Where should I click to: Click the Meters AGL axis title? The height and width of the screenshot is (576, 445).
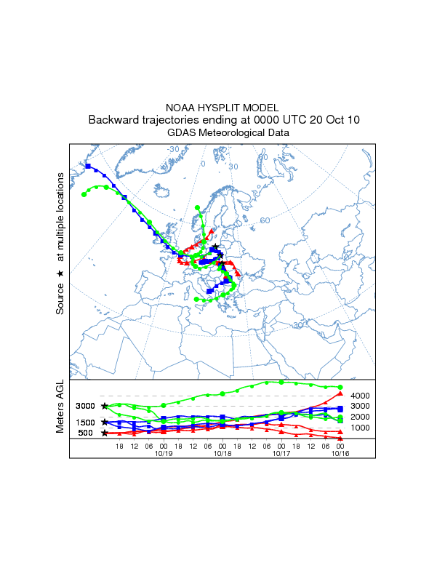pos(61,408)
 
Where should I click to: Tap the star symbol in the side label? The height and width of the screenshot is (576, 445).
pos(61,273)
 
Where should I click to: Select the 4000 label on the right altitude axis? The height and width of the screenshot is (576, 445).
pos(361,395)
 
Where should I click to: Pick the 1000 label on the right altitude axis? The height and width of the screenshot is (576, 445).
pos(361,428)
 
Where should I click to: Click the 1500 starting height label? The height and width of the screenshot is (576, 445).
pos(86,423)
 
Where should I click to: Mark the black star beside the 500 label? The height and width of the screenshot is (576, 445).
pos(105,433)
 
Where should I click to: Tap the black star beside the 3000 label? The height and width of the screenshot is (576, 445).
pos(105,406)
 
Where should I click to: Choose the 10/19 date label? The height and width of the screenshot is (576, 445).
pos(163,453)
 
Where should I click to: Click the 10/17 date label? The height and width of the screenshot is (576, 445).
pos(281,453)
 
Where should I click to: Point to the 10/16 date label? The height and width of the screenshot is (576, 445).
pos(340,453)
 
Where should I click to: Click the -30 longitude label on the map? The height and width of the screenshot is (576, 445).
pos(173,149)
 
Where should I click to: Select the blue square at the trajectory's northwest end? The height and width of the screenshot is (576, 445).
pos(88,167)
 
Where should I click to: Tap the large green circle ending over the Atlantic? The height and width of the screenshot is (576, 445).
pos(84,194)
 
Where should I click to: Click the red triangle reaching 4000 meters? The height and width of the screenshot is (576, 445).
pos(340,393)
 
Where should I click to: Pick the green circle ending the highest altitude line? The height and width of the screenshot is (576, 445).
pos(340,387)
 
